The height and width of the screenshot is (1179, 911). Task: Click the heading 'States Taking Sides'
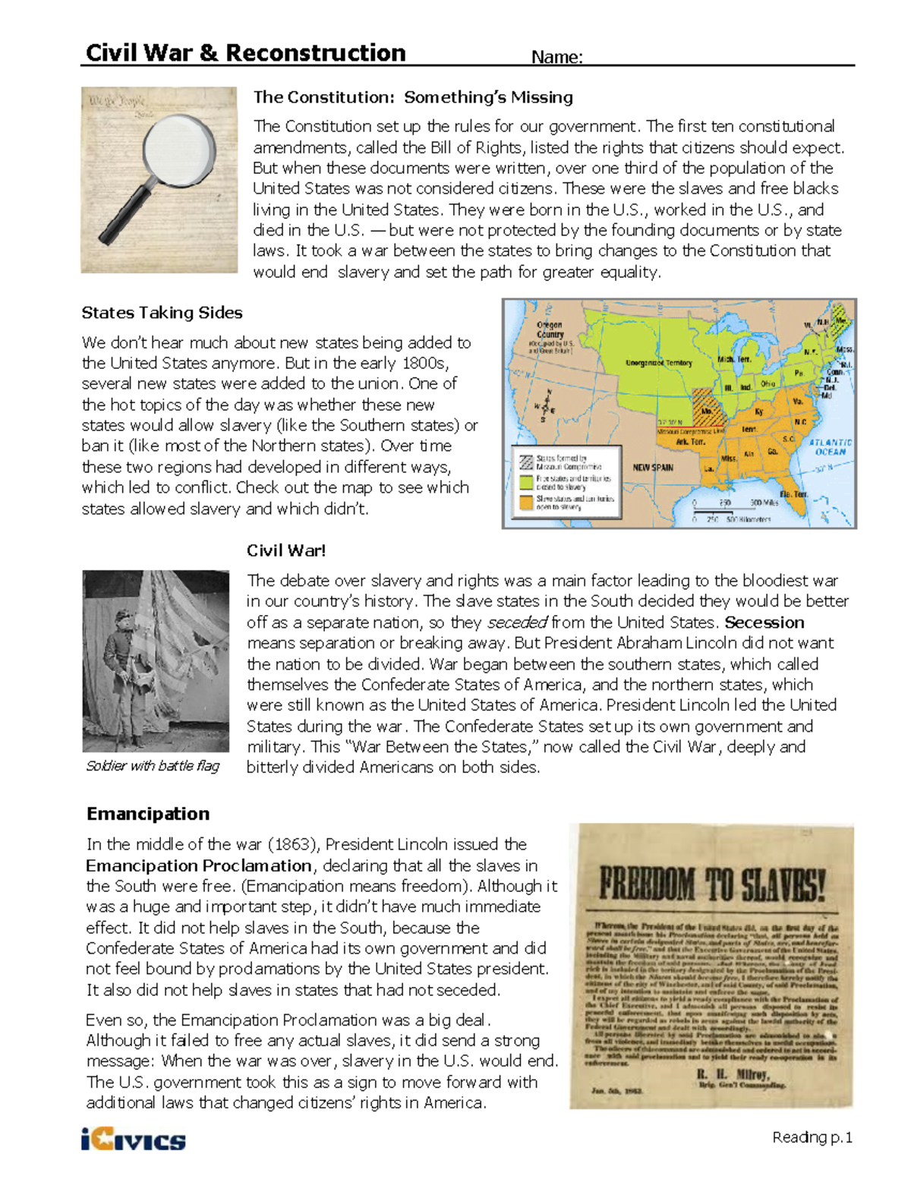pos(162,313)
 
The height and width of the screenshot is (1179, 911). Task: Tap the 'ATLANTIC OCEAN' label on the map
pos(830,447)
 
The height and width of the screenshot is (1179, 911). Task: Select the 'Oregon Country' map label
pos(550,329)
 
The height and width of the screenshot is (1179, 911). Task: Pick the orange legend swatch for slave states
pos(525,502)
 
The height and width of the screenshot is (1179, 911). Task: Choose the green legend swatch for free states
pos(525,481)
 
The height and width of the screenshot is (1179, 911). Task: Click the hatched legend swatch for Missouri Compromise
pos(525,461)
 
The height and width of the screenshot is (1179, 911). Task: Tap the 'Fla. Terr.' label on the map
pos(794,494)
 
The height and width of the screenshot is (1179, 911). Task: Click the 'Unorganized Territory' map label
pos(658,363)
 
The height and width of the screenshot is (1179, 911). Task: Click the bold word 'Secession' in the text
pos(764,623)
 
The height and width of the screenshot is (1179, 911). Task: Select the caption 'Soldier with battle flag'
pos(153,766)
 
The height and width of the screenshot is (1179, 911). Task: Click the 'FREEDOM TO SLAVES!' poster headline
pos(711,884)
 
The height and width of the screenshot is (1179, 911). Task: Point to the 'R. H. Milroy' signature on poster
pos(732,1074)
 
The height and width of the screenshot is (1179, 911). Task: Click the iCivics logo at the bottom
pos(134,1140)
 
